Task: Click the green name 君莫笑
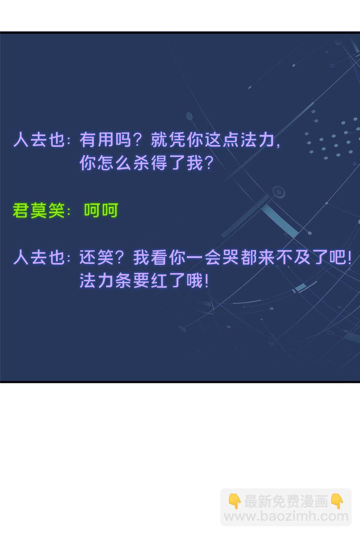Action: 39,211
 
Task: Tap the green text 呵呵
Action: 101,210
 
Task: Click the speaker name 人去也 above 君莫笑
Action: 39,139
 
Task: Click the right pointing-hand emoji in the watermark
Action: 337,501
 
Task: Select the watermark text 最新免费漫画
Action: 286,501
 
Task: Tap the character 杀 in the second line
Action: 141,163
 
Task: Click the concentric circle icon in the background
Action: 278,191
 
